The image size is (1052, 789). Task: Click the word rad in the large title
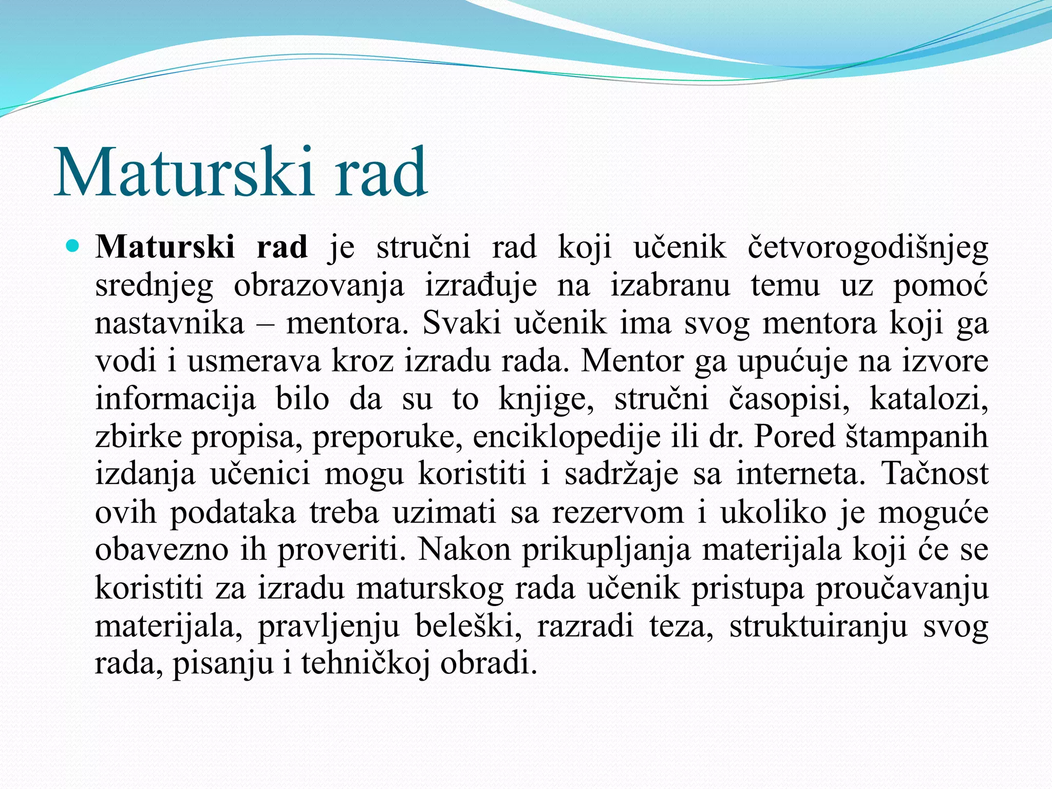point(381,172)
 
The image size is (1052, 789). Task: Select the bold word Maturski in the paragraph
point(165,247)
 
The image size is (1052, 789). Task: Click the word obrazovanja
point(319,286)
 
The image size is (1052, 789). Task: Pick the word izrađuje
point(481,286)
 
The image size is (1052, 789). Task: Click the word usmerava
point(254,361)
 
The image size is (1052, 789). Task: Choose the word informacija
point(175,399)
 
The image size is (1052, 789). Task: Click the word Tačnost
point(935,474)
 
